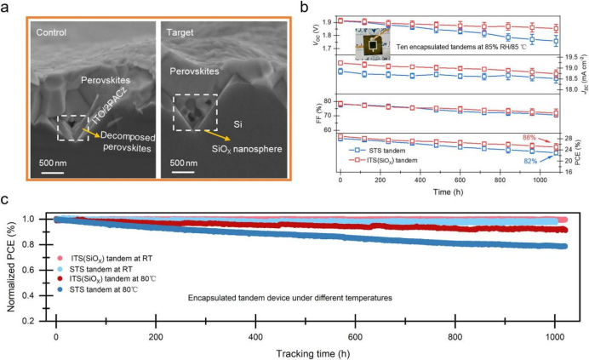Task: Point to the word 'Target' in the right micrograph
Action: coord(186,33)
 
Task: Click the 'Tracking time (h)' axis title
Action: coord(309,351)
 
